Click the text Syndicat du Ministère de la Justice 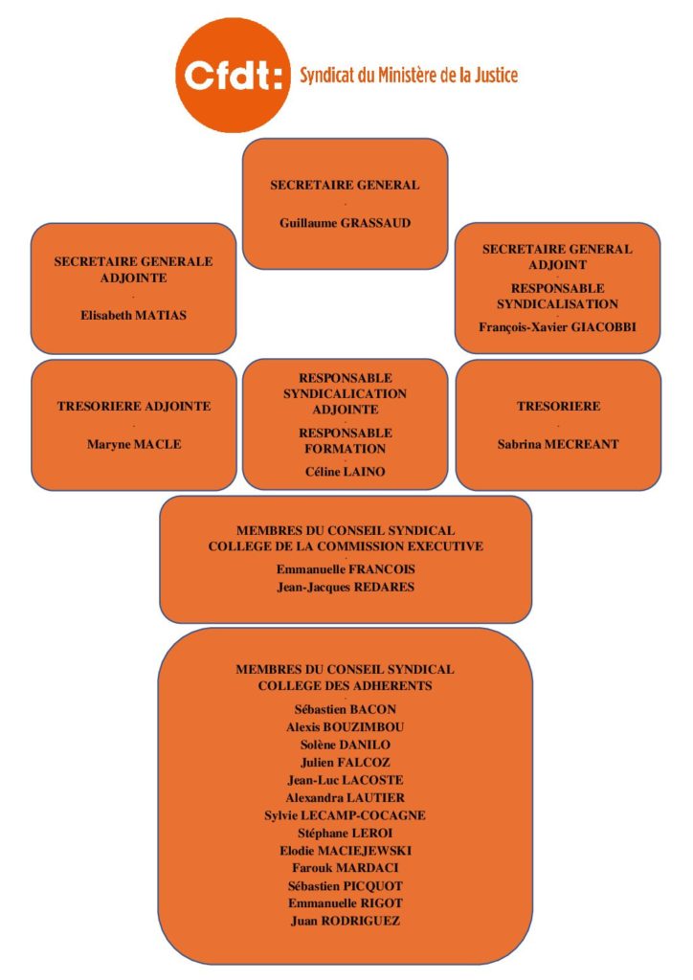pos(409,75)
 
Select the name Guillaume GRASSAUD pos(345,223)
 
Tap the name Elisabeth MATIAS pos(133,315)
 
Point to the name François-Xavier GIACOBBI pos(557,326)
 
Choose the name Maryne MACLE pos(133,444)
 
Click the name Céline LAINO pos(345,470)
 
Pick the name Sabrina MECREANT pos(557,444)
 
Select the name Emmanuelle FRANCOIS pos(345,569)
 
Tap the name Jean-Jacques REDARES pos(345,587)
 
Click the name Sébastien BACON pos(345,709)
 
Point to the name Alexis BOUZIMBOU pos(345,726)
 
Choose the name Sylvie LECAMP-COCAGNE pos(345,814)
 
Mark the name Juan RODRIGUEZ pos(345,921)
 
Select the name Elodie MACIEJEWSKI pos(345,850)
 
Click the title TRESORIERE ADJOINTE pos(133,406)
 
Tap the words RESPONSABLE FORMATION pos(345,440)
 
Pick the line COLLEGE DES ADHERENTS pos(345,685)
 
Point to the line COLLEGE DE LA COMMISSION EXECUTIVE pos(345,546)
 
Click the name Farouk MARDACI pos(345,868)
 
